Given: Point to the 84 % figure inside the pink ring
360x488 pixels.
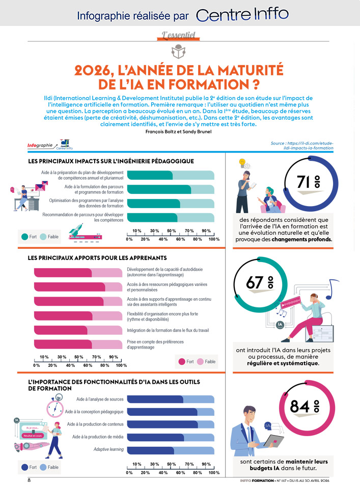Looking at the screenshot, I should pyautogui.click(x=304, y=407).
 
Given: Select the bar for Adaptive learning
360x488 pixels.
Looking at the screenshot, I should pyautogui.click(x=170, y=450).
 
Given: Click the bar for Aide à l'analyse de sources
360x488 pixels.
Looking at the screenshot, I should pyautogui.click(x=170, y=399).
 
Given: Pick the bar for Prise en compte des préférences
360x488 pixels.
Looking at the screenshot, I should pyautogui.click(x=77, y=345).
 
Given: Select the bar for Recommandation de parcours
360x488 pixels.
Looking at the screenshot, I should pyautogui.click(x=170, y=218).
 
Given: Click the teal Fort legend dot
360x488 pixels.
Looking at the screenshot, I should pyautogui.click(x=24, y=237).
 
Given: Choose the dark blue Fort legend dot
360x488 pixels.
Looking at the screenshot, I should pyautogui.click(x=24, y=467).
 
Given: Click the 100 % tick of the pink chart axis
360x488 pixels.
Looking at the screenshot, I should pyautogui.click(x=121, y=365).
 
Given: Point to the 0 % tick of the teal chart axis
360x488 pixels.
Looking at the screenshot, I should pyautogui.click(x=129, y=239).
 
